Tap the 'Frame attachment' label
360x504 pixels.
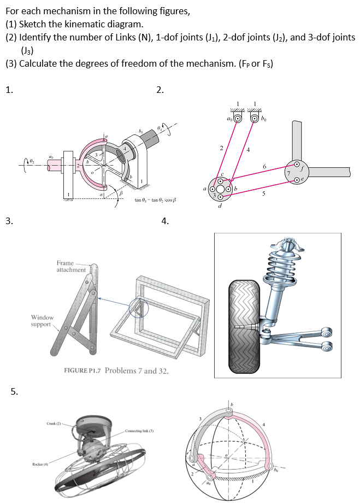pyautogui.click(x=71, y=266)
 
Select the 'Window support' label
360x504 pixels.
pyautogui.click(x=42, y=321)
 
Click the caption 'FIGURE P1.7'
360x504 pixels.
pyautogui.click(x=82, y=371)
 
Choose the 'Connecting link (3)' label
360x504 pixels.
pyautogui.click(x=142, y=432)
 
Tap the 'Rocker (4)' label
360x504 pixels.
pyautogui.click(x=39, y=465)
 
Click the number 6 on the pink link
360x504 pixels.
pyautogui.click(x=264, y=166)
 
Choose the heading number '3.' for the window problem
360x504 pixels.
pyautogui.click(x=9, y=221)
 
